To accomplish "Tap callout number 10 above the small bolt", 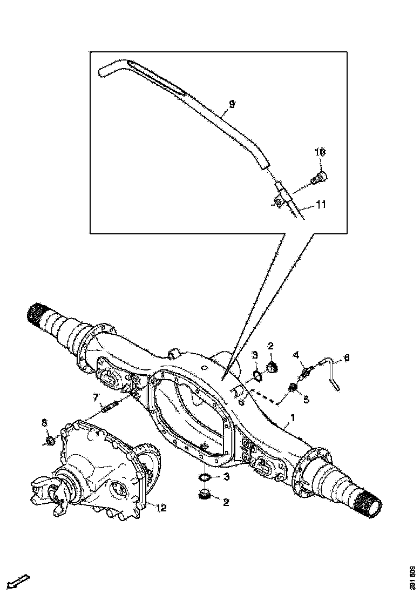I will (x=320, y=153).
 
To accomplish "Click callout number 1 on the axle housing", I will (x=293, y=418).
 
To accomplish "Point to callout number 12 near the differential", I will (x=161, y=507).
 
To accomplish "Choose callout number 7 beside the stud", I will (x=96, y=398).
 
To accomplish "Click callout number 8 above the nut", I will (x=44, y=422).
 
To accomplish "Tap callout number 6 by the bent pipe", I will (x=347, y=357).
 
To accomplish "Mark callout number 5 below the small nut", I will (x=307, y=400).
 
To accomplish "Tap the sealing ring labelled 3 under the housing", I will (x=205, y=477).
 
